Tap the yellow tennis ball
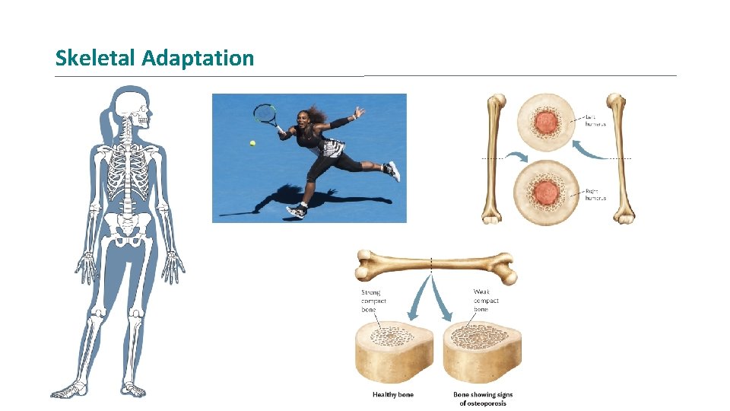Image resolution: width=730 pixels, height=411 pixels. coord(252,142)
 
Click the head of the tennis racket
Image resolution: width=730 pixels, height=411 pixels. coord(265,114)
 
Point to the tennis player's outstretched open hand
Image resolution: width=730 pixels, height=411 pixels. coord(357,113)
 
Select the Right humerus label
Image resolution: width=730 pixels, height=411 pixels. coord(595,195)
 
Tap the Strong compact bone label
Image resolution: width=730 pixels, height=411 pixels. coord(373,301)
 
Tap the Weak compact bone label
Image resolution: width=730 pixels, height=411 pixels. coord(486,301)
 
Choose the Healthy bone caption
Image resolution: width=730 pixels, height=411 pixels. coord(393,394)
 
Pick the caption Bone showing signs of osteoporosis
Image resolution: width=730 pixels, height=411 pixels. coord(483,398)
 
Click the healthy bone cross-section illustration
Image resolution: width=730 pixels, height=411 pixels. coord(394,350)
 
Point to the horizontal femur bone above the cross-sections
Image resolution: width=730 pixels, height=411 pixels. coord(433,266)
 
